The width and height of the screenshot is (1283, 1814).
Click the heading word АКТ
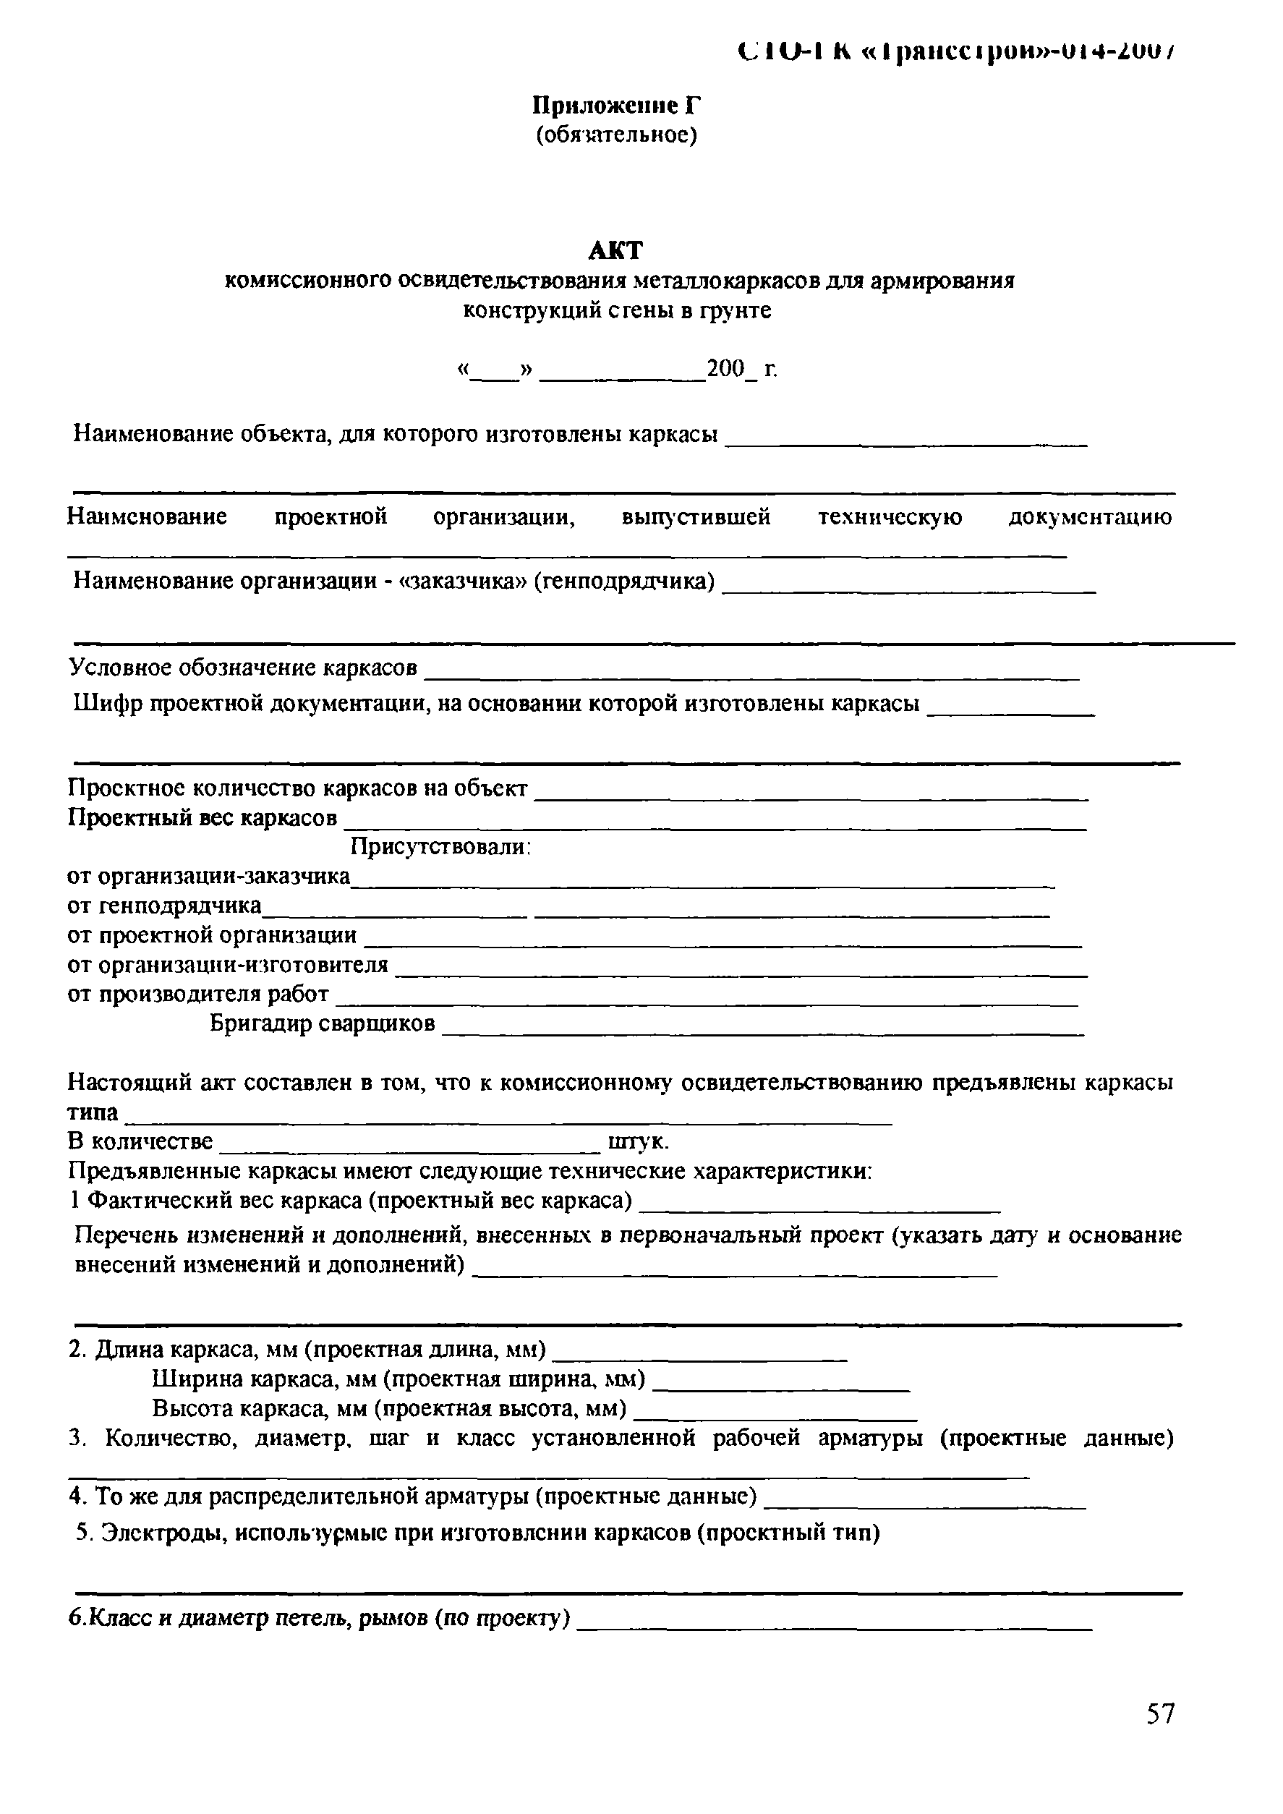tap(615, 250)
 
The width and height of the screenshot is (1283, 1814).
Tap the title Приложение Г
tap(616, 105)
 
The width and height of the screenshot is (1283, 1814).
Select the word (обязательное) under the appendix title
tap(616, 135)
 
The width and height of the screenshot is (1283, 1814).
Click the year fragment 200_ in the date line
tap(730, 368)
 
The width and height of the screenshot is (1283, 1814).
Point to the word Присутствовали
tap(440, 847)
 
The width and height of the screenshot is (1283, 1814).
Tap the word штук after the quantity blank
tap(638, 1141)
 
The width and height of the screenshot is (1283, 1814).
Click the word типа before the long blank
tap(93, 1112)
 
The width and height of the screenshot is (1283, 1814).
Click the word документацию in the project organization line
tap(1089, 517)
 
